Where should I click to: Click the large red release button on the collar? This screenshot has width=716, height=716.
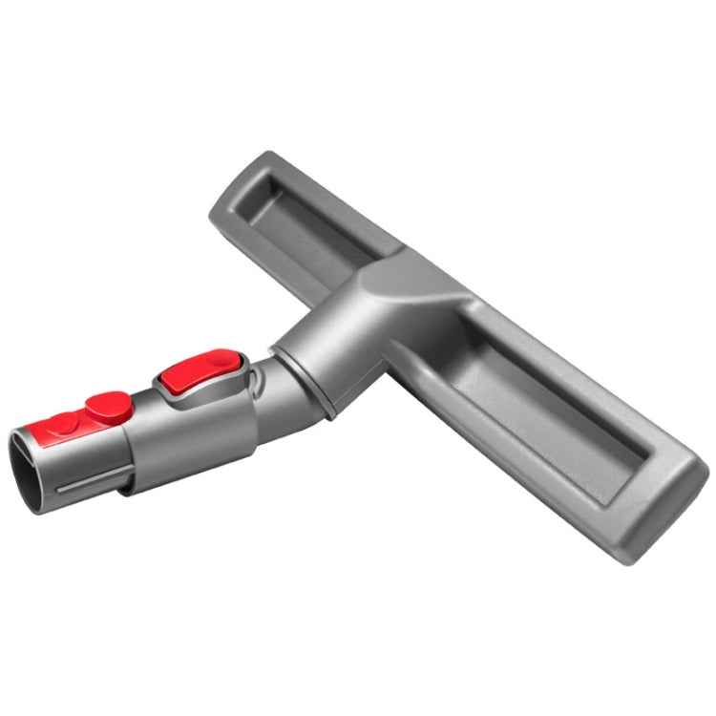tap(197, 372)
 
